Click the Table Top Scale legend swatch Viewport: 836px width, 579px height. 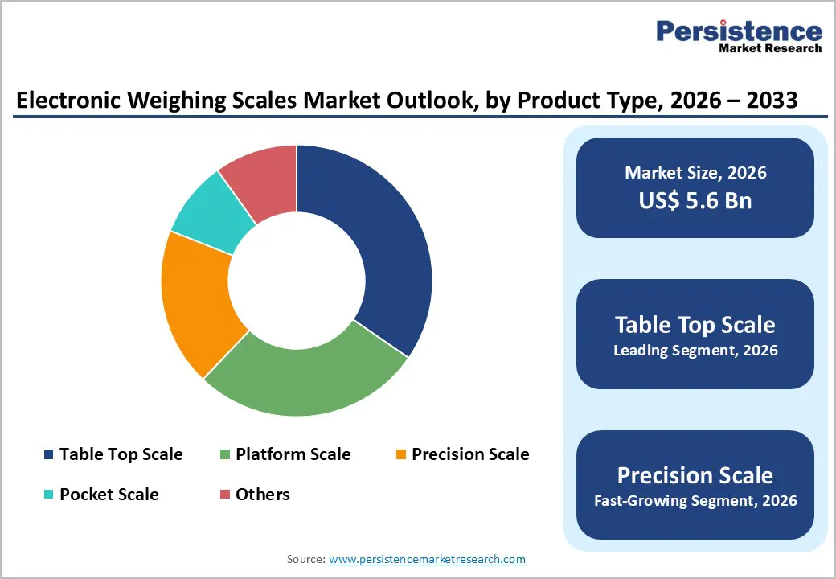pyautogui.click(x=49, y=455)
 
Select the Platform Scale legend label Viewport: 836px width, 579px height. pyautogui.click(x=293, y=454)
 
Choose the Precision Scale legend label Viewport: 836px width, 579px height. pyautogui.click(x=470, y=454)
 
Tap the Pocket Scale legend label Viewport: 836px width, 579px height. pyautogui.click(x=109, y=494)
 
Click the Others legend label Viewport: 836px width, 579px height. pyautogui.click(x=262, y=494)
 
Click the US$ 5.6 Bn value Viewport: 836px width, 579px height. pyautogui.click(x=695, y=200)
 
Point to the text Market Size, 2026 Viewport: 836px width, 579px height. pyautogui.click(x=695, y=173)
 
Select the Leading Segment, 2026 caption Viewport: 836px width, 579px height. pyautogui.click(x=695, y=351)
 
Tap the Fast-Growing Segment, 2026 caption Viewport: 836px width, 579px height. pyautogui.click(x=695, y=501)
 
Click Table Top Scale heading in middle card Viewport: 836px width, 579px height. pyautogui.click(x=695, y=324)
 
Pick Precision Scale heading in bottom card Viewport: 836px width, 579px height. pyautogui.click(x=695, y=474)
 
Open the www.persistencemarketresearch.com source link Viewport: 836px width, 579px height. pyautogui.click(x=427, y=559)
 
